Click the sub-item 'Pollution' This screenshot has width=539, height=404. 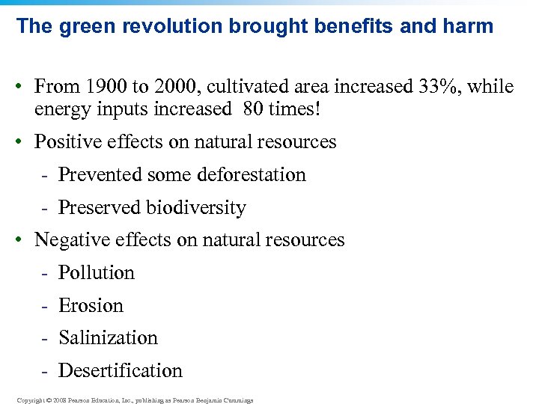(97, 273)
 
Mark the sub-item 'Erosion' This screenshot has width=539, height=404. (91, 306)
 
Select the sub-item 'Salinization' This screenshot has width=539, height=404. (108, 338)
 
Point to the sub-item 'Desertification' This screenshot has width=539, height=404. (120, 371)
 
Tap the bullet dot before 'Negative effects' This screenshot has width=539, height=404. (24, 241)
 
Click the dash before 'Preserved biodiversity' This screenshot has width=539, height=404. (46, 208)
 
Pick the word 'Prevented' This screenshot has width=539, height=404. (91, 175)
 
